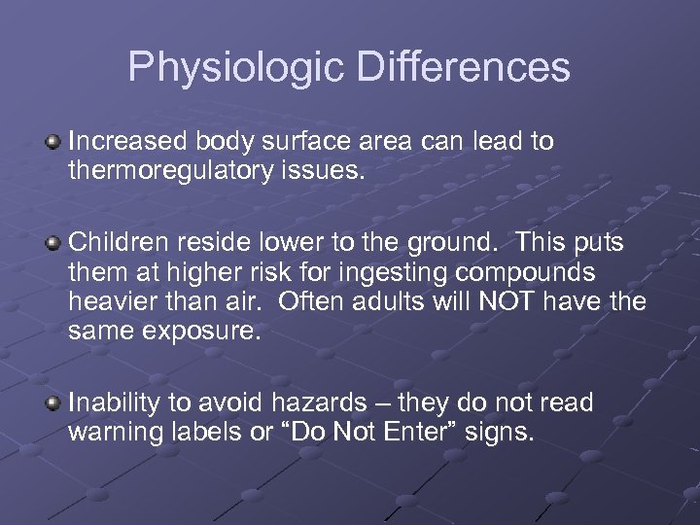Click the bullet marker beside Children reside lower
point(53,241)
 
